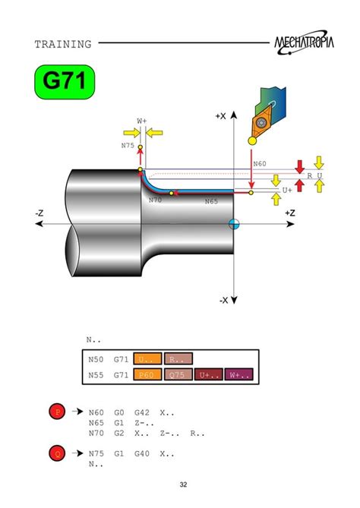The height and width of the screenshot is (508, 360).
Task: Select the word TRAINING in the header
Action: [x=63, y=44]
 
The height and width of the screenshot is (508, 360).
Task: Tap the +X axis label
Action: [x=221, y=116]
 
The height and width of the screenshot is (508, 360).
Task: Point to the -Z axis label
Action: [x=39, y=213]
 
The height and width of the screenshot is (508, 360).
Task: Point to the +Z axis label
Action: [x=289, y=213]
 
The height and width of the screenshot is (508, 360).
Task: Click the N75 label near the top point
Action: [x=128, y=144]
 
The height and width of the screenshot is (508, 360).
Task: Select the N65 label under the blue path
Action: [x=211, y=202]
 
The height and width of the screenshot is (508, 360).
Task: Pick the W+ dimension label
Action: [x=141, y=121]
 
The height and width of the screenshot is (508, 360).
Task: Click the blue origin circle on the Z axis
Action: [x=235, y=224]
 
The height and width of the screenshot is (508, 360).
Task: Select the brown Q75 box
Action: [x=178, y=374]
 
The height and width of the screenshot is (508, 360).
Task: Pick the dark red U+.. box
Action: [x=208, y=374]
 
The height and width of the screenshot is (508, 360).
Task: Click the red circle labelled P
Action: [x=56, y=412]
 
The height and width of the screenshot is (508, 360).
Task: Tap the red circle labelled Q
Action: [x=56, y=454]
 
